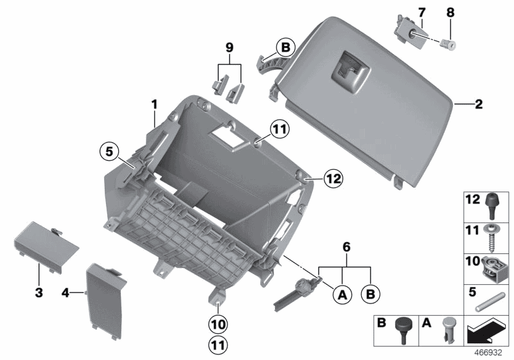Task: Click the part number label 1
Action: [154, 103]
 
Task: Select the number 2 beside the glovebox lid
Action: [478, 104]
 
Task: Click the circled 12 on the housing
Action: [332, 177]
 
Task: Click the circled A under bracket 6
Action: [342, 294]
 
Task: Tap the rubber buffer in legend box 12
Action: [493, 204]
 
